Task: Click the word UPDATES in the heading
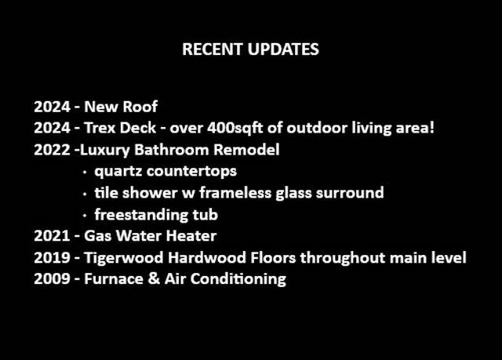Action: tap(283, 49)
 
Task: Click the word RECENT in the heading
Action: tap(212, 49)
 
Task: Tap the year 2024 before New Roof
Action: tap(53, 107)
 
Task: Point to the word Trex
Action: tap(100, 128)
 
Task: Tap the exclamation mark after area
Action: tap(432, 128)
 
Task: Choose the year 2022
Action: tap(53, 150)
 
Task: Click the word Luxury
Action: tap(104, 150)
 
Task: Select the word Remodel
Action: tap(246, 150)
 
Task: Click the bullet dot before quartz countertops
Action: tap(85, 173)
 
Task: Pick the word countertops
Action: tap(191, 172)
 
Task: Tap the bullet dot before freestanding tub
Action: tap(85, 216)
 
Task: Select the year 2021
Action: tap(53, 236)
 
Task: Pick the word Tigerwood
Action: tap(124, 258)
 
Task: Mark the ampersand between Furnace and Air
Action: tap(154, 278)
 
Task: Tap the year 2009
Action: tap(53, 278)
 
